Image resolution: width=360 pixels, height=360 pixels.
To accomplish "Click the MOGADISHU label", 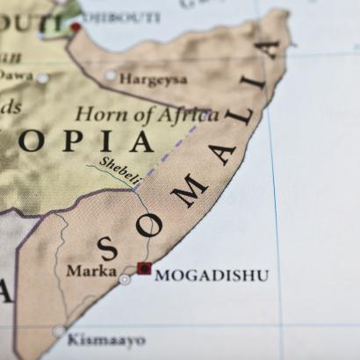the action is pyautogui.click(x=212, y=276).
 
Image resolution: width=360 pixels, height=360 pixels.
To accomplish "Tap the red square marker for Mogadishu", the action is pyautogui.click(x=144, y=269).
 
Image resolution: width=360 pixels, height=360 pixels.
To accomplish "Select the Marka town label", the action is pyautogui.click(x=90, y=270).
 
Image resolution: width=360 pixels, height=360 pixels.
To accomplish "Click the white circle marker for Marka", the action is pyautogui.click(x=125, y=279).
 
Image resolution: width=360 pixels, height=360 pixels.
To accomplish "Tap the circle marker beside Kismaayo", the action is pyautogui.click(x=59, y=331).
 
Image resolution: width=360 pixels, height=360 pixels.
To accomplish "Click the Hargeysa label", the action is pyautogui.click(x=153, y=79).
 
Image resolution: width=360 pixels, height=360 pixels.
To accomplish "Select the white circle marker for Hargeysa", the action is pyautogui.click(x=111, y=76).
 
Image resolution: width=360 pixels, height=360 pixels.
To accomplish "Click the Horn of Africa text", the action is pyautogui.click(x=147, y=114).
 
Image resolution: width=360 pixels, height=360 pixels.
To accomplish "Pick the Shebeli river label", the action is pyautogui.click(x=119, y=171).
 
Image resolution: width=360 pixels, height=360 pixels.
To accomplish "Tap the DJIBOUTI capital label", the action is pyautogui.click(x=119, y=18).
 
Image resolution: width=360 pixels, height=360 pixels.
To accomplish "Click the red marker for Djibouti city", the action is pyautogui.click(x=76, y=27).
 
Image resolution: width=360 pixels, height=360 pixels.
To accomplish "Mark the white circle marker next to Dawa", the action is pyautogui.click(x=42, y=78).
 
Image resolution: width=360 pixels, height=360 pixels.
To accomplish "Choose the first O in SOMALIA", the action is pyautogui.click(x=149, y=224).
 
